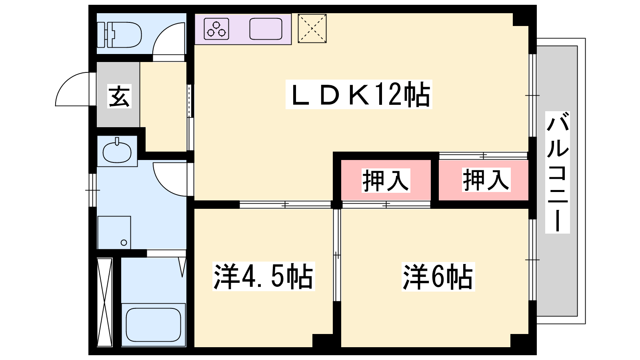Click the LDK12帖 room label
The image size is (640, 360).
tap(358, 94)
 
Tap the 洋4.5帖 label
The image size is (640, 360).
tap(264, 276)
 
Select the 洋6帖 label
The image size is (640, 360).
tap(438, 276)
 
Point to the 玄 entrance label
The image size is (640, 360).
tap(119, 96)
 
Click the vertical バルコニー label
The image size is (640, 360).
tap(558, 172)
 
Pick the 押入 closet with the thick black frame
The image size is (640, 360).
tap(386, 180)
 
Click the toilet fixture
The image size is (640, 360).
tap(119, 34)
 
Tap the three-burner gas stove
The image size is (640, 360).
tap(216, 29)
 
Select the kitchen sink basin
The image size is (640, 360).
tap(266, 29)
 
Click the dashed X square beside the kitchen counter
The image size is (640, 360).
tap(312, 28)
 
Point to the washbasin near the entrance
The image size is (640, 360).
tap(117, 152)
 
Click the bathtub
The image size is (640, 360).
tap(154, 324)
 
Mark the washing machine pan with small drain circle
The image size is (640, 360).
tap(114, 232)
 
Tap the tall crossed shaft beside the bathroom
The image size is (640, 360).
tap(104, 302)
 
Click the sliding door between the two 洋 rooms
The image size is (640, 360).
tap(337, 255)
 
